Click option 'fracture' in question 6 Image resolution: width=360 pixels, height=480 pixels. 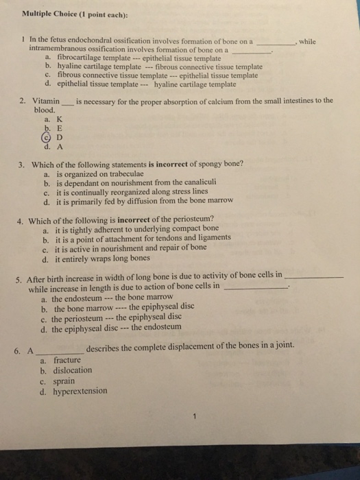(x=67, y=360)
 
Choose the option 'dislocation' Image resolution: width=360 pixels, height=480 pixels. (x=73, y=370)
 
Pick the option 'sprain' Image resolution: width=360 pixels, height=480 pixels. (x=64, y=381)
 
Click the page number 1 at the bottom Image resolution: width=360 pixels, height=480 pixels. (x=195, y=415)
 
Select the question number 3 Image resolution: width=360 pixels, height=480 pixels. (x=22, y=165)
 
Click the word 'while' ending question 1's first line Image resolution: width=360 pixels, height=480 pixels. (x=308, y=41)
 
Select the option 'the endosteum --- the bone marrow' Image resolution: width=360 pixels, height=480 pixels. (x=108, y=299)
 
